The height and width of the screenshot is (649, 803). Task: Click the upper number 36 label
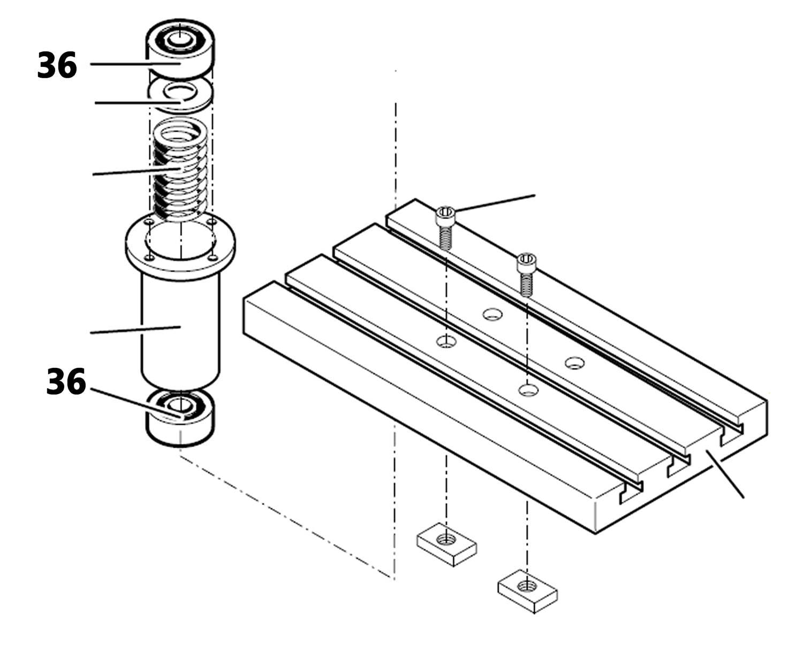[x=57, y=65]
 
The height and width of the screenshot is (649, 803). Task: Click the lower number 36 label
[x=66, y=382]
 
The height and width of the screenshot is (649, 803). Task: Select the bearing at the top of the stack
[x=180, y=48]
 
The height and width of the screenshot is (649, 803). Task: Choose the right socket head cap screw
[x=526, y=273]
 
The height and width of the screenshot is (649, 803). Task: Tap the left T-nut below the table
[x=446, y=544]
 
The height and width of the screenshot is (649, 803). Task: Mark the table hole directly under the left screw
[x=446, y=341]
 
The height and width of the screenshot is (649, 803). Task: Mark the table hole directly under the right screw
[x=528, y=389]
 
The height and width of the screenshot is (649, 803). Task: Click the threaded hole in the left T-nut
[x=443, y=540]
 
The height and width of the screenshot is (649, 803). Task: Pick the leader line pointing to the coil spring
[x=134, y=172]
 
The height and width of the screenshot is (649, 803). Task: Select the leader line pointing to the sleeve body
[x=134, y=330]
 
